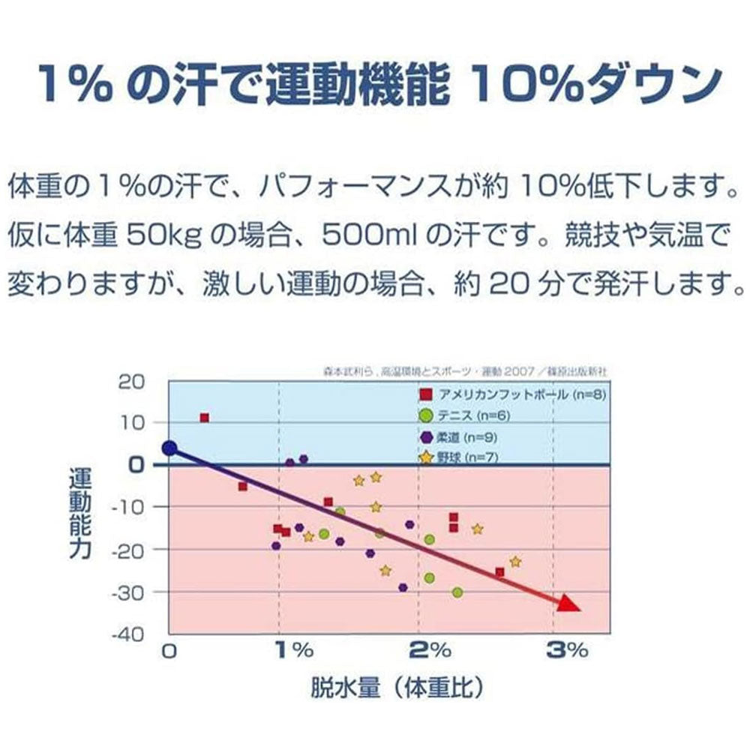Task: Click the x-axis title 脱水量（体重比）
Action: (x=395, y=688)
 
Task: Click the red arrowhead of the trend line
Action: (x=569, y=604)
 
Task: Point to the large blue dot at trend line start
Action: (x=169, y=448)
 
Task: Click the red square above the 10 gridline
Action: (x=204, y=418)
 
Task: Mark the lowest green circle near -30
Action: (x=457, y=592)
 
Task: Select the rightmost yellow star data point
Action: (x=515, y=561)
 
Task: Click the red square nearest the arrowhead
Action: (x=499, y=572)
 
